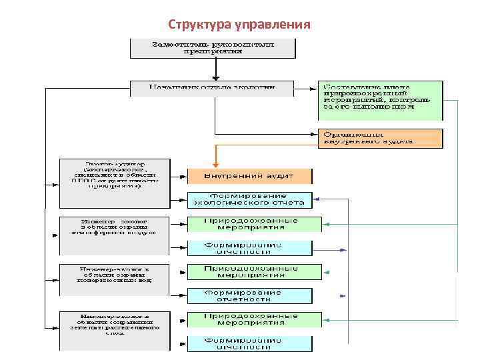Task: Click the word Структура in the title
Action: point(199,25)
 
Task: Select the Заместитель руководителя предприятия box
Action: point(213,47)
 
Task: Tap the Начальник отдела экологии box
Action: point(212,87)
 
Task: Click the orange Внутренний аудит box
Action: point(249,176)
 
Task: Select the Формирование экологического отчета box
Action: point(249,199)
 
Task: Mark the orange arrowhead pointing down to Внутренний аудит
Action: point(215,164)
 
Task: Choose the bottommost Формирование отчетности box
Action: point(249,343)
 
